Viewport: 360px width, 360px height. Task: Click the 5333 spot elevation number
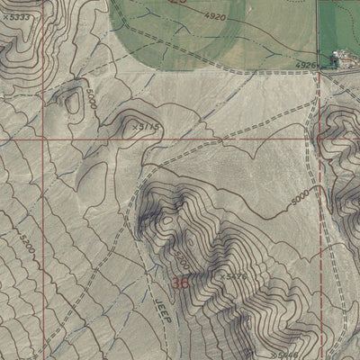[18, 17]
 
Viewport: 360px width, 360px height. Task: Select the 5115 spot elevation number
[148, 128]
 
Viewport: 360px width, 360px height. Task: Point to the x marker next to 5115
[135, 127]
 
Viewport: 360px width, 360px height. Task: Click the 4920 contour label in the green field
[215, 17]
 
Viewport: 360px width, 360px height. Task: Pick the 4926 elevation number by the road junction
[308, 65]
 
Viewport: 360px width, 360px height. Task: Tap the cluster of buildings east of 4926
[345, 59]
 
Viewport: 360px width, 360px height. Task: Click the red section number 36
[180, 283]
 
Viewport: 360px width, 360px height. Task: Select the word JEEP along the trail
[163, 311]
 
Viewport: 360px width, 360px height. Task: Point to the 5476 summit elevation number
[237, 276]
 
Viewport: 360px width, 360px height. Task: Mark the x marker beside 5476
[223, 275]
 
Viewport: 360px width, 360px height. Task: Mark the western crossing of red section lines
[43, 139]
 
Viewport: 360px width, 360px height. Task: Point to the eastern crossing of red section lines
[319, 139]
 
